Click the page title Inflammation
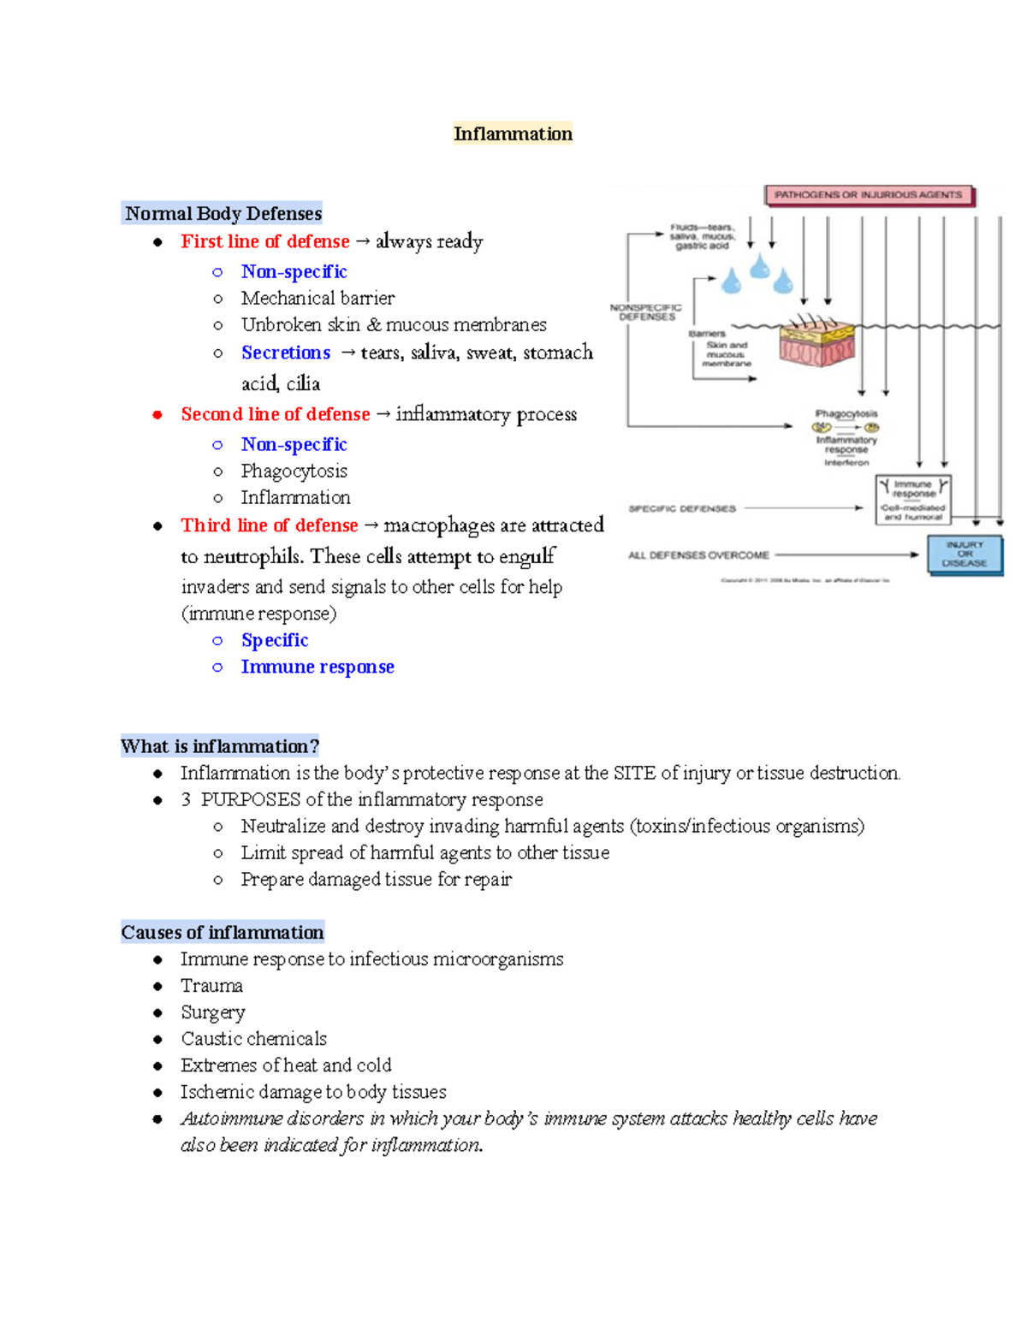click(513, 133)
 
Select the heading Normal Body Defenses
click(223, 213)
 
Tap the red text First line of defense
click(264, 241)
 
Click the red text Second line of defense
click(275, 414)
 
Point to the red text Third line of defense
click(269, 525)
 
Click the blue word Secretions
click(285, 353)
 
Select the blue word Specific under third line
click(274, 640)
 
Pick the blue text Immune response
click(318, 667)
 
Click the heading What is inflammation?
click(220, 746)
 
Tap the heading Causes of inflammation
click(223, 932)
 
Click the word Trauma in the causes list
click(211, 986)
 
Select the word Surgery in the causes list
click(212, 1012)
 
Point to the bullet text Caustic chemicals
click(253, 1039)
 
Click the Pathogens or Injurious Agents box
click(868, 195)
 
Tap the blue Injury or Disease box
click(965, 555)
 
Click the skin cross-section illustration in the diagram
click(816, 342)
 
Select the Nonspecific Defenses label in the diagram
click(646, 312)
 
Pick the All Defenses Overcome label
click(698, 555)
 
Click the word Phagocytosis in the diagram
click(846, 413)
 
